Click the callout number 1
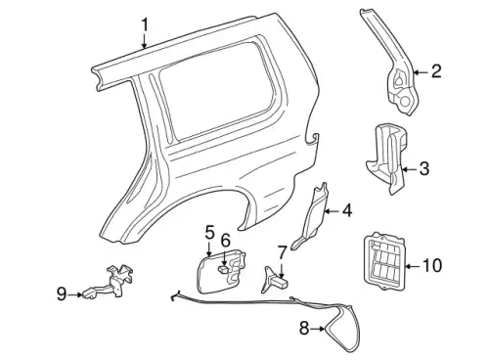coord(145,25)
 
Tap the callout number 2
coord(436,71)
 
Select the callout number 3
coord(423,168)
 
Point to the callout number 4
coord(347,210)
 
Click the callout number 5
coord(210,233)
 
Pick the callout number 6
coord(225,241)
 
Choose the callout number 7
coord(282,253)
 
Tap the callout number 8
coord(304,329)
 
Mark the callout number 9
coord(62,294)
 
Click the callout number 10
coord(432,266)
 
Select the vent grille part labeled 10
coord(384,261)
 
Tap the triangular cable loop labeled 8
coord(341,327)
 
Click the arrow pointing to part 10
coord(413,266)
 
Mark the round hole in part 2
coord(406,102)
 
